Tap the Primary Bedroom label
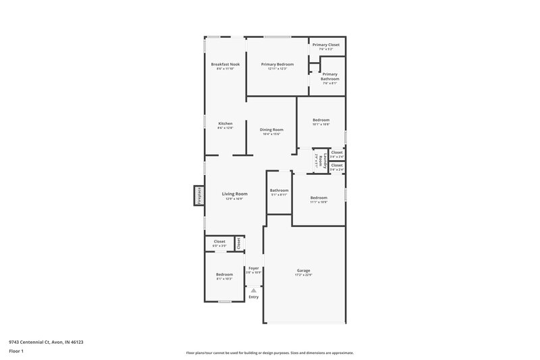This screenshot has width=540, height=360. [x=277, y=64]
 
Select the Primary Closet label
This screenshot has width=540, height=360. [x=326, y=45]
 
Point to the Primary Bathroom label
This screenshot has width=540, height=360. [x=330, y=76]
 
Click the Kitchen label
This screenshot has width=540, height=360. [x=225, y=124]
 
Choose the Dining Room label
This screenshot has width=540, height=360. [x=271, y=129]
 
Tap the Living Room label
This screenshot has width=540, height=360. [x=235, y=194]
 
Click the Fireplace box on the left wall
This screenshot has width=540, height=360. [x=199, y=195]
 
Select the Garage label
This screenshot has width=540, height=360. [x=303, y=270]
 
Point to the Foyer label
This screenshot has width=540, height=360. [x=254, y=268]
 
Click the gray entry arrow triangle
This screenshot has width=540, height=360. [x=254, y=290]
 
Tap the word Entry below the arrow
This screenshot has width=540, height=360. [x=254, y=297]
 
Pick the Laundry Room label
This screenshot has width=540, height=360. [x=321, y=161]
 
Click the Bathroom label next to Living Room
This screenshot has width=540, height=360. [x=279, y=190]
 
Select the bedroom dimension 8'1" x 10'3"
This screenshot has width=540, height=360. [x=224, y=279]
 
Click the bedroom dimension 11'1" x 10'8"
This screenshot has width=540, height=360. [x=319, y=202]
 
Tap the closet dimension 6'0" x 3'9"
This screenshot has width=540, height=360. [x=219, y=246]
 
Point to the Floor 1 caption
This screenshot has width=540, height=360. [x=16, y=352]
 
